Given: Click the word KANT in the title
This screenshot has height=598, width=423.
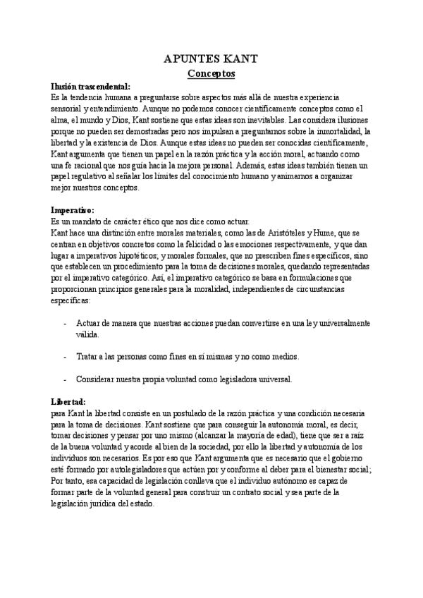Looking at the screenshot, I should coord(241,59).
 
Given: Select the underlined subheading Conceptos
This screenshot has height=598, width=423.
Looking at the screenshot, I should coord(211,73).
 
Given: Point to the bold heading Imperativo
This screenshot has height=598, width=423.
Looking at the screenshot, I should coord(73,209).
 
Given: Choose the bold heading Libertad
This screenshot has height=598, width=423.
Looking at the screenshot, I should coord(68,401).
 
